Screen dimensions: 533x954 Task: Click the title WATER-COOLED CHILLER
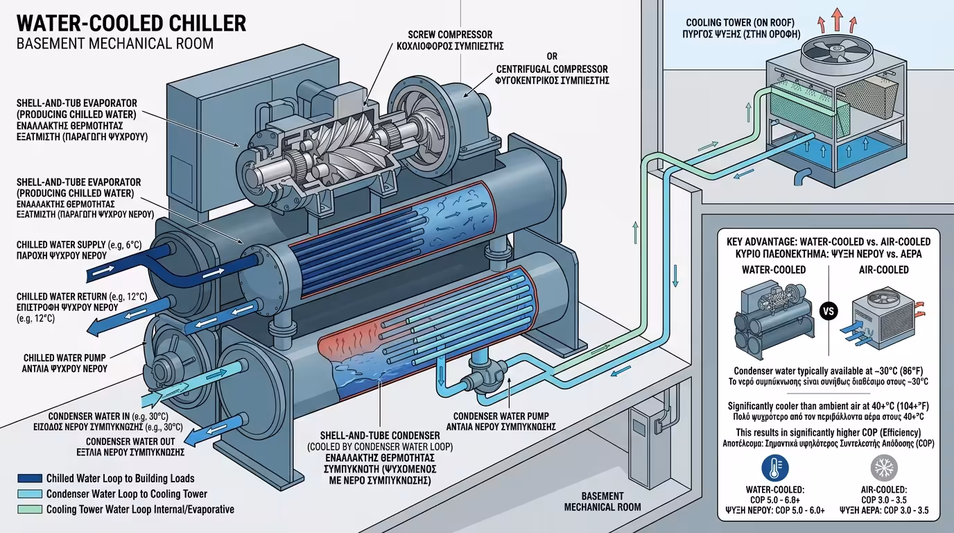coord(131,24)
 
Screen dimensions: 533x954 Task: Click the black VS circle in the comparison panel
coord(829,310)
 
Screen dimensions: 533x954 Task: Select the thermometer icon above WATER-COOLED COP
coord(774,469)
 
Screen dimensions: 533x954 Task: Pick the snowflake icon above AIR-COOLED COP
coord(883,469)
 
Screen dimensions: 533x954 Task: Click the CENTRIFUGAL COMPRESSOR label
coord(552,69)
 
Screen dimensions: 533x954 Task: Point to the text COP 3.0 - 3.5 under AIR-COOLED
coord(883,500)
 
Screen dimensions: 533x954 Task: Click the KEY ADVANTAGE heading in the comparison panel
coord(829,242)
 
